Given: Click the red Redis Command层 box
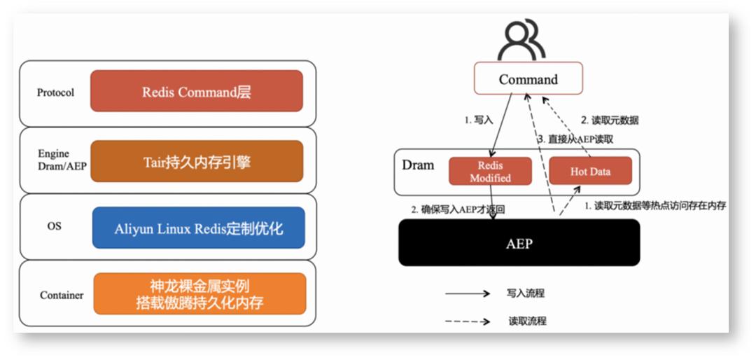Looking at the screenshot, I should click(197, 91).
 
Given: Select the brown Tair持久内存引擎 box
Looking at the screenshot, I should click(197, 162).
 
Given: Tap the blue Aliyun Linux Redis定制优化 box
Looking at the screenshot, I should click(199, 228).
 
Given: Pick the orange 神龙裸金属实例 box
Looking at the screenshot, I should click(199, 293).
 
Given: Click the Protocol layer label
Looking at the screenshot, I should click(56, 92).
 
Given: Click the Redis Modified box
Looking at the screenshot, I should click(490, 172).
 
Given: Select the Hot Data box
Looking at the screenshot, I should click(590, 171).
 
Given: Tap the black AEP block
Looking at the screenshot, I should click(519, 243).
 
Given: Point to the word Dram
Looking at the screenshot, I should click(418, 166).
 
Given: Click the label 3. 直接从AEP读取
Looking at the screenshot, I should click(575, 139).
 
